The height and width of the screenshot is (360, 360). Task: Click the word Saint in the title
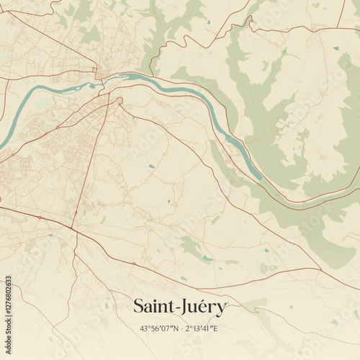(156, 307)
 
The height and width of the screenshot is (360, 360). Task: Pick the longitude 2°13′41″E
(202, 329)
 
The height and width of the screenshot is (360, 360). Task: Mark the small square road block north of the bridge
(96, 72)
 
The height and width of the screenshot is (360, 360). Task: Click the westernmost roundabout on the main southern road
(39, 217)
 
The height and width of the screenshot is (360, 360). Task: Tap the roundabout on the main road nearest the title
(133, 264)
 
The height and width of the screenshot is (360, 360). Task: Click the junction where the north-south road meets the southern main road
(73, 230)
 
